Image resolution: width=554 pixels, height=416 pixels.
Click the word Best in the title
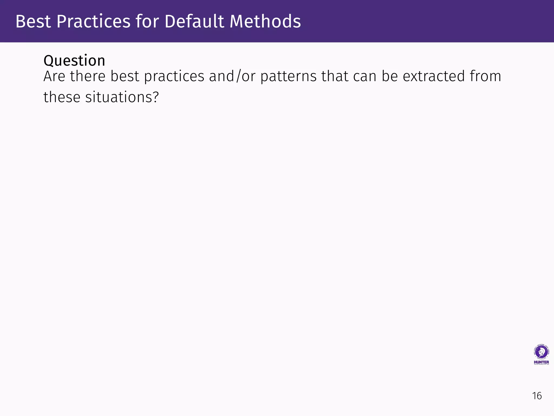33,21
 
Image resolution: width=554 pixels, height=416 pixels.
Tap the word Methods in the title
265,21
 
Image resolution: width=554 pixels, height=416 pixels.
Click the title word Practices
94,21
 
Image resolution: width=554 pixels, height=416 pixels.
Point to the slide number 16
537,396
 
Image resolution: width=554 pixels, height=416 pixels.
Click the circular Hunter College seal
541,352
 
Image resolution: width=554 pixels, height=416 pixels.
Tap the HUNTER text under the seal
541,362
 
